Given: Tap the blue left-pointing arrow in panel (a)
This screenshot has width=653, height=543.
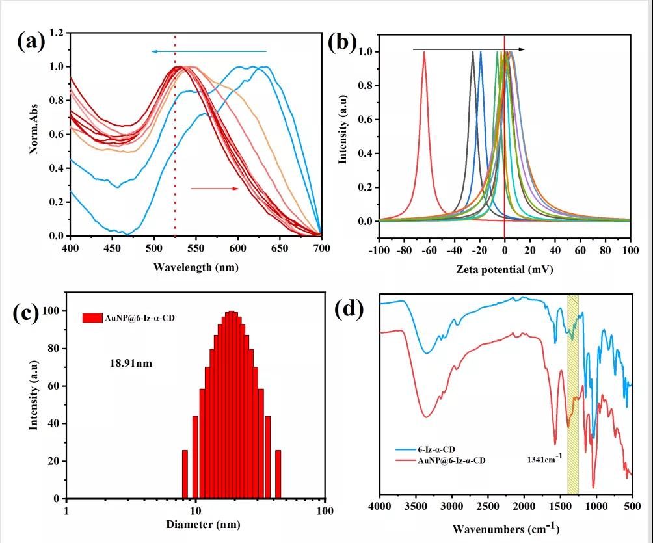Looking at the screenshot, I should (208, 51).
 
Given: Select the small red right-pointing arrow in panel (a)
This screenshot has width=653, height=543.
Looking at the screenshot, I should (215, 189).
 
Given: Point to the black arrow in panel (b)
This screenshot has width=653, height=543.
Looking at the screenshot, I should (469, 49).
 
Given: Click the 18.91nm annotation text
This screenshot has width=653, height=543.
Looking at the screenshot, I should (131, 363).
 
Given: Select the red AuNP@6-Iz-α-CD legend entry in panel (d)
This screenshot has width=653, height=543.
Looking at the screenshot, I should (442, 460).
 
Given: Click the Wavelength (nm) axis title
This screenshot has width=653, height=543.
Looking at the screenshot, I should (194, 267).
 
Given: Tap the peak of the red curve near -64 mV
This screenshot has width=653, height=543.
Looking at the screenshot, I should (425, 53).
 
